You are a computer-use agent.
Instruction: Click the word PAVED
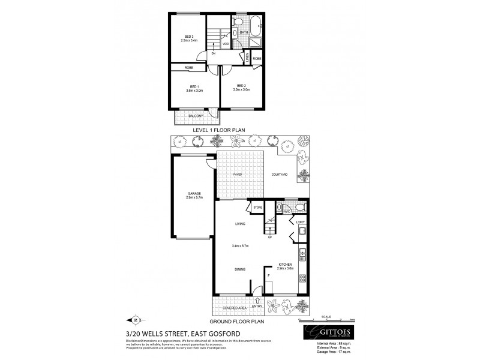coord(229,175)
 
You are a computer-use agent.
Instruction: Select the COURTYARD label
coord(281,175)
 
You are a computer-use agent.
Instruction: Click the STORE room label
coord(259,208)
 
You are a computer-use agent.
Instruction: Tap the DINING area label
coord(240,270)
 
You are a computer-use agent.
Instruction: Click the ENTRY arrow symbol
coord(257,299)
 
